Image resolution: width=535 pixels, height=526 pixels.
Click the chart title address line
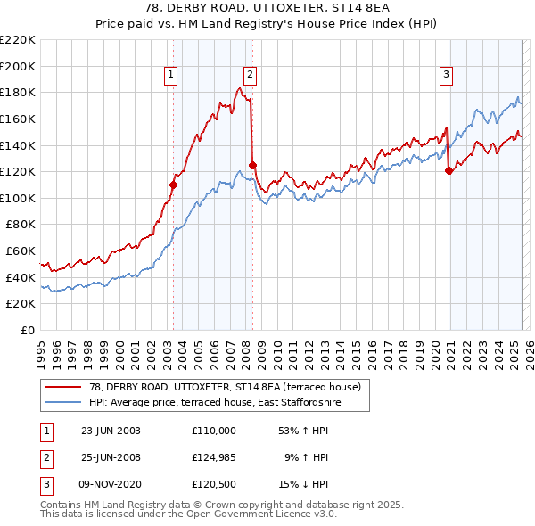tap(267, 9)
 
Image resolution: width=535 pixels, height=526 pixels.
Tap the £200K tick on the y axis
tap(18, 66)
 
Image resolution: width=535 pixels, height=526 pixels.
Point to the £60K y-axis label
tap(21, 251)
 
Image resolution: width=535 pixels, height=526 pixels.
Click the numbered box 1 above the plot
tap(170, 75)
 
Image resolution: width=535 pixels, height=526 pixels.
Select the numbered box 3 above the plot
tap(445, 75)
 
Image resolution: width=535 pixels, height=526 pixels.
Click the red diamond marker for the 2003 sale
tap(174, 185)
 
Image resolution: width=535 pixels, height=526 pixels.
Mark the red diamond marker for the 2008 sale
tap(252, 165)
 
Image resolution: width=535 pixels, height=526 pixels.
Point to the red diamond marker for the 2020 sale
tap(449, 171)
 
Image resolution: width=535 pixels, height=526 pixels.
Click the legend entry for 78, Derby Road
tap(224, 387)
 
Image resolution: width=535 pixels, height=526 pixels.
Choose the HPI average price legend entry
tap(215, 403)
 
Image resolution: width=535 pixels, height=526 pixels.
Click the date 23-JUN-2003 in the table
tap(111, 431)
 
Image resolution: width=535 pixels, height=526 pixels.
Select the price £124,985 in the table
tap(214, 458)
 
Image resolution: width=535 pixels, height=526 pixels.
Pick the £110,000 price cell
tap(214, 431)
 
